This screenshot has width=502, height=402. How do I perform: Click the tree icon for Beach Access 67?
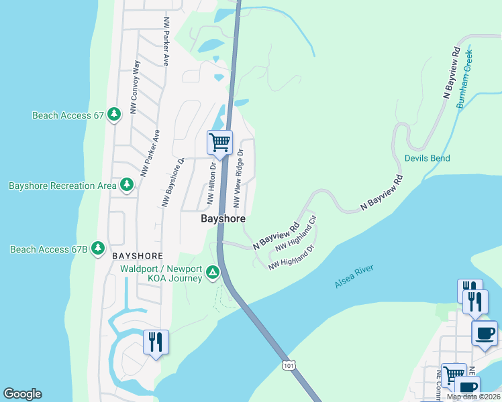114,115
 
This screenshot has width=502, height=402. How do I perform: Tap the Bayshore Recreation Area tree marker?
126,185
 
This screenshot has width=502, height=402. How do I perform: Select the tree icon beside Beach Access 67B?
98,249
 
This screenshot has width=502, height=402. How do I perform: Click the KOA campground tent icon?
212,272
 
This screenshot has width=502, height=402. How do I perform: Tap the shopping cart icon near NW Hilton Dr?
219,143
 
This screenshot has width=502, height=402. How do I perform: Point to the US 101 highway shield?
288,365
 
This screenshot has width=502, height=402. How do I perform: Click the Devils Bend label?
427,159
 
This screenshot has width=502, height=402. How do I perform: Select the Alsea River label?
354,277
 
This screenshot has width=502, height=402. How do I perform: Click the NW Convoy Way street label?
135,86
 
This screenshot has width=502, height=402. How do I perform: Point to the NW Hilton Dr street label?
211,184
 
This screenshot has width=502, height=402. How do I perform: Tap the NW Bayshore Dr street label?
172,182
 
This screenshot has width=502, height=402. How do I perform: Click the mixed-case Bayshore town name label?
223,219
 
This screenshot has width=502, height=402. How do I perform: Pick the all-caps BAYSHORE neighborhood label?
137,256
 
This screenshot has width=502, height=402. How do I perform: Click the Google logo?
22,394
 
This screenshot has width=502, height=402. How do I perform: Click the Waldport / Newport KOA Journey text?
161,274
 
